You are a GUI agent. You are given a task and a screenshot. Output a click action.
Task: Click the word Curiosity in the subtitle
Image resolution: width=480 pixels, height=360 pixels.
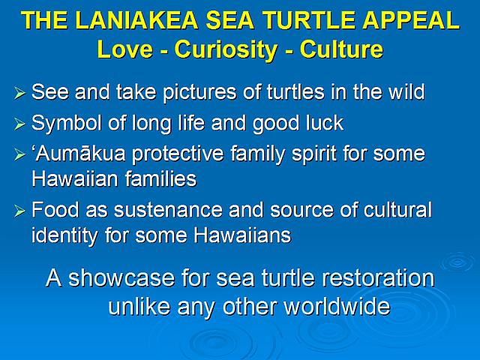click(x=226, y=49)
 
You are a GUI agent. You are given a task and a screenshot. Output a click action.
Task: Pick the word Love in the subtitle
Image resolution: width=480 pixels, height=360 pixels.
click(x=125, y=49)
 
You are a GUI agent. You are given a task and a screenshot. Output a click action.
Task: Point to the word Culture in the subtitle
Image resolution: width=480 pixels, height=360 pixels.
click(x=341, y=49)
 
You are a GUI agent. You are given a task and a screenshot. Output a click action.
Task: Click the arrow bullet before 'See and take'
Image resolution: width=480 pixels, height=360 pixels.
click(x=19, y=93)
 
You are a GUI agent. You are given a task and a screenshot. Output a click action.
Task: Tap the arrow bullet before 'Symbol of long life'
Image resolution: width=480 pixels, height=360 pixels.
click(x=19, y=124)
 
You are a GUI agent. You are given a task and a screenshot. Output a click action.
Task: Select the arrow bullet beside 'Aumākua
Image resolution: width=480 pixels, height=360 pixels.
click(x=19, y=154)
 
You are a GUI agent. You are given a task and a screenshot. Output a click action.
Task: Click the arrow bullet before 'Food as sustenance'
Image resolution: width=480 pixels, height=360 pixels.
click(x=19, y=211)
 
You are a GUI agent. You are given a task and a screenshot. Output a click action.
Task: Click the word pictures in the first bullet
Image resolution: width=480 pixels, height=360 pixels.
click(x=199, y=92)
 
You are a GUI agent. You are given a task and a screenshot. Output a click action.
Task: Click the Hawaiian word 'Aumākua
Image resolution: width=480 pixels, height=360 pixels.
click(x=79, y=153)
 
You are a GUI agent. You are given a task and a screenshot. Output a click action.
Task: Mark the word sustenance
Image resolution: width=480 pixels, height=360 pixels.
click(x=168, y=210)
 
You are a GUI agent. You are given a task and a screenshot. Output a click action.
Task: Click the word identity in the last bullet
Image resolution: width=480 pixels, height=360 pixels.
click(x=64, y=236)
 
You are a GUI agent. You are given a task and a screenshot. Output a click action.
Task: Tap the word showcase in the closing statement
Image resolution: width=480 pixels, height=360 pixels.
click(x=121, y=278)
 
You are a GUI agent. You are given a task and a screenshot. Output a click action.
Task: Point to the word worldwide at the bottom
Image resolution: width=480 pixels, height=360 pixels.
click(x=337, y=307)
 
